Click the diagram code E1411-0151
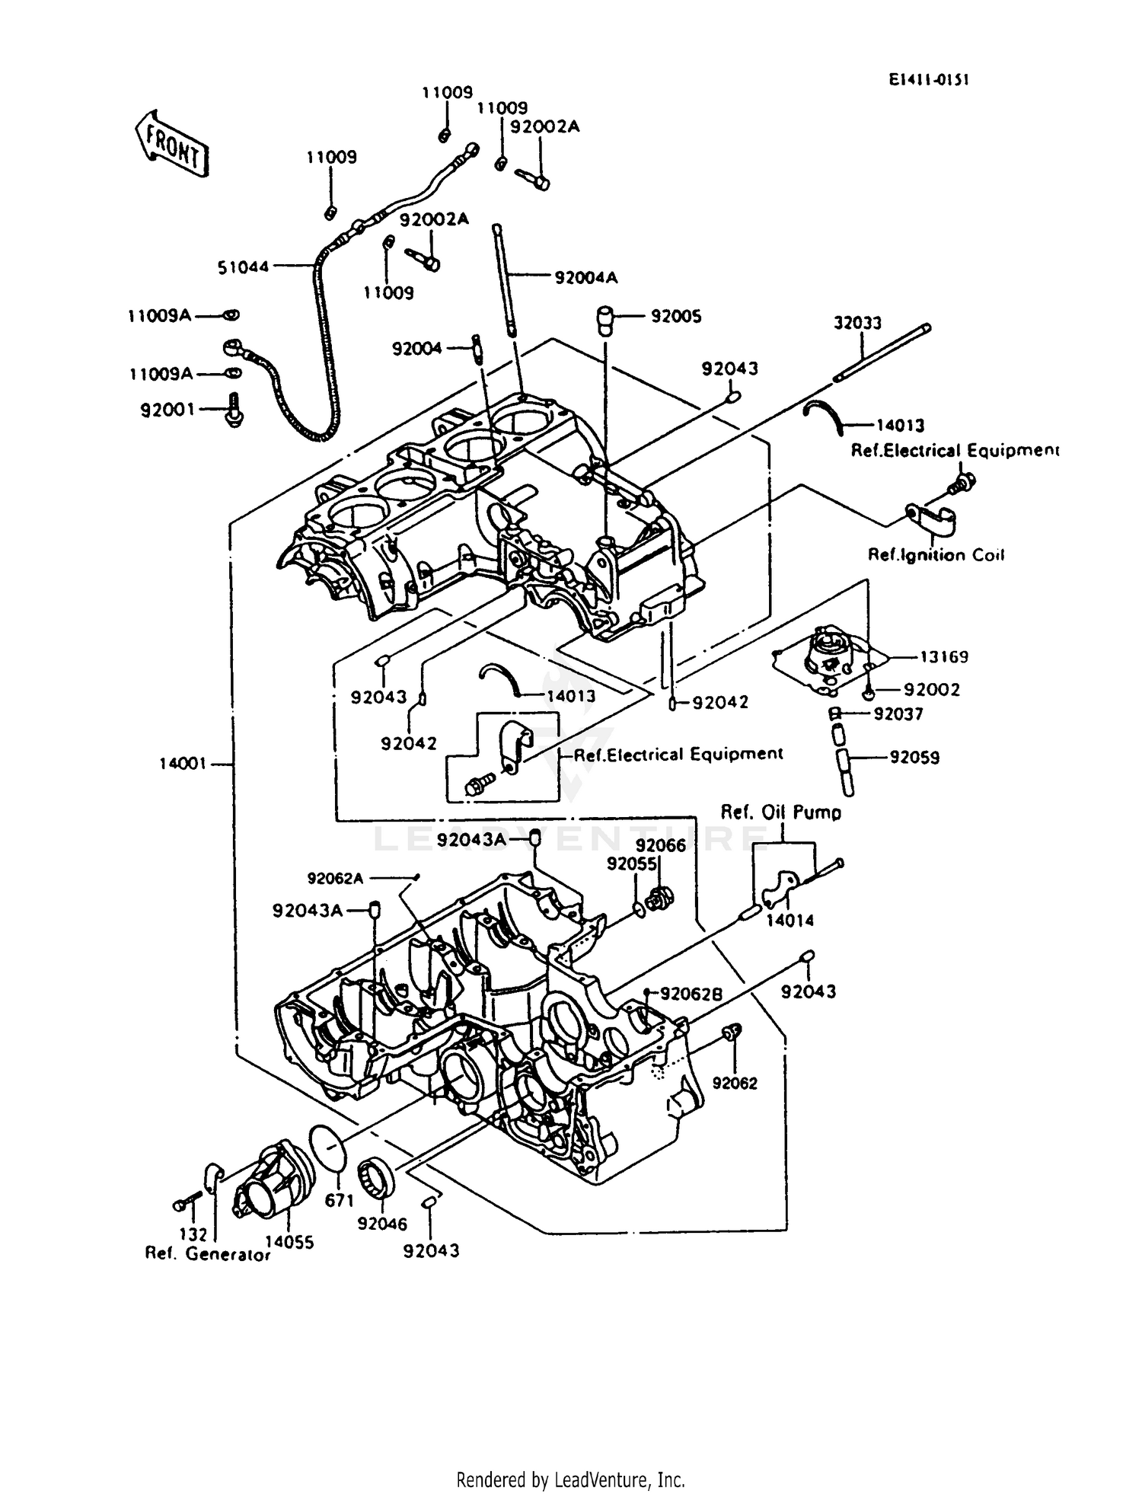927,80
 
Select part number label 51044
243,267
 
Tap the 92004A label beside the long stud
585,278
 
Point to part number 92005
675,316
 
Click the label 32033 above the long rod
857,323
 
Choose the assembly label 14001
183,763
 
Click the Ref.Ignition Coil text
936,555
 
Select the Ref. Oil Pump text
781,812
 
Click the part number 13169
943,656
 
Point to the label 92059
914,758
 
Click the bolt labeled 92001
232,410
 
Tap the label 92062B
691,994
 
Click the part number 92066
661,845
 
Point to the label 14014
790,920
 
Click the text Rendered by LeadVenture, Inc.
570,1480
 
